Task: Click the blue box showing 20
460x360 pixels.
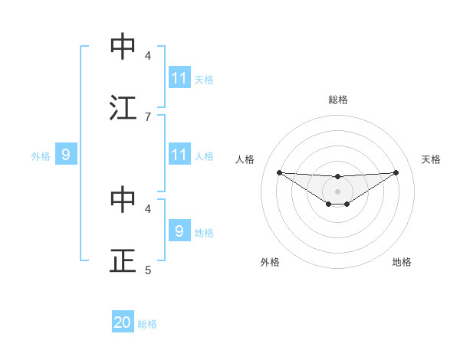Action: click(123, 323)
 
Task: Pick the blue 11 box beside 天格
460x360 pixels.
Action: click(179, 78)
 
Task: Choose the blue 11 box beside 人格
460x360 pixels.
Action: click(179, 155)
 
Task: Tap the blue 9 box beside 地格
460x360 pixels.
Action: click(179, 231)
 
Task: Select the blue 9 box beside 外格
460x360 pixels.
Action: click(66, 155)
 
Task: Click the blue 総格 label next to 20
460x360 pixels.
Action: click(147, 324)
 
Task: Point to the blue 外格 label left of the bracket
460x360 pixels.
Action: click(41, 156)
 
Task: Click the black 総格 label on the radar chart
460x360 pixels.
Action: click(337, 100)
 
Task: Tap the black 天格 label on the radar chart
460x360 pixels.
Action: click(431, 159)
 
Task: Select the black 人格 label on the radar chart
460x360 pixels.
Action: click(245, 159)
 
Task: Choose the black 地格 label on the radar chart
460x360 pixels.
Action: click(402, 262)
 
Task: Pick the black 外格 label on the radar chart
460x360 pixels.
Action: click(270, 262)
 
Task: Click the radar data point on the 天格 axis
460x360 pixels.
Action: click(396, 172)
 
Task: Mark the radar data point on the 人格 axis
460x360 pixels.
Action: click(279, 172)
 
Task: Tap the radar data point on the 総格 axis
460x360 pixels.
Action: click(337, 177)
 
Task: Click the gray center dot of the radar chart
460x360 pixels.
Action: click(337, 191)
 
